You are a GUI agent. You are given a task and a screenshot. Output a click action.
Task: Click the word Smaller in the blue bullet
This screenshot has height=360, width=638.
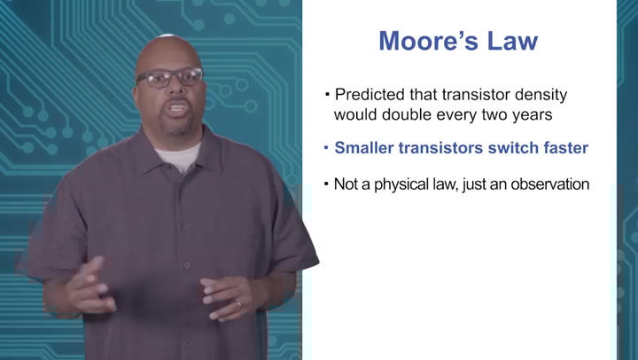click(364, 148)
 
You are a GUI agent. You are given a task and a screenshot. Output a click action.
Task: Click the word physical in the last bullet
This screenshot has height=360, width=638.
click(397, 184)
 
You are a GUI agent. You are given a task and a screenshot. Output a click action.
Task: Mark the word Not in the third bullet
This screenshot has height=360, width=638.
click(346, 184)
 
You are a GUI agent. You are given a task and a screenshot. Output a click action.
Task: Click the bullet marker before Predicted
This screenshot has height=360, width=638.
click(326, 93)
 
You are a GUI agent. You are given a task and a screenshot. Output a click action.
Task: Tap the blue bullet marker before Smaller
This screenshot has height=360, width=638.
click(326, 148)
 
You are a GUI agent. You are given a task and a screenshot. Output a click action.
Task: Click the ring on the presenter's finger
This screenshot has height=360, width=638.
click(237, 303)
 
